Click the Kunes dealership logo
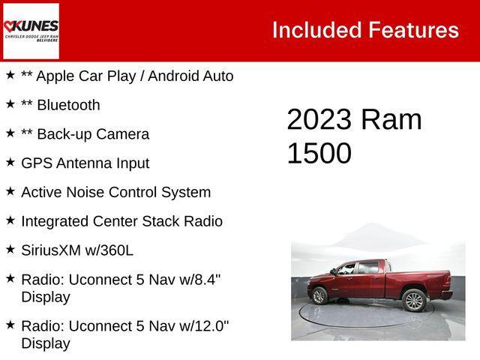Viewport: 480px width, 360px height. [x=31, y=30]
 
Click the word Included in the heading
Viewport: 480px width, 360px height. [x=316, y=30]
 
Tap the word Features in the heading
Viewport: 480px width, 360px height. [x=413, y=30]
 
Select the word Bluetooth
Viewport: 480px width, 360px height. [x=67, y=105]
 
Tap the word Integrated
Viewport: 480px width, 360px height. [x=55, y=221]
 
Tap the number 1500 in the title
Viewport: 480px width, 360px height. [x=319, y=153]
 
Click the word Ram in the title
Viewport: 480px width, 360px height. [x=391, y=120]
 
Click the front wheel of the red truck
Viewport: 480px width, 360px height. [x=319, y=295]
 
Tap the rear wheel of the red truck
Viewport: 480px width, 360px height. [x=413, y=300]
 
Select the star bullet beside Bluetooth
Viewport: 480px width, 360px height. [x=10, y=103]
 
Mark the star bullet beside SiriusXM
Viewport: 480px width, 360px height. [x=10, y=249]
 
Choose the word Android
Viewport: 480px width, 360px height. [x=176, y=76]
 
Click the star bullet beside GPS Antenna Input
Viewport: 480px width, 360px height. [x=10, y=161]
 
